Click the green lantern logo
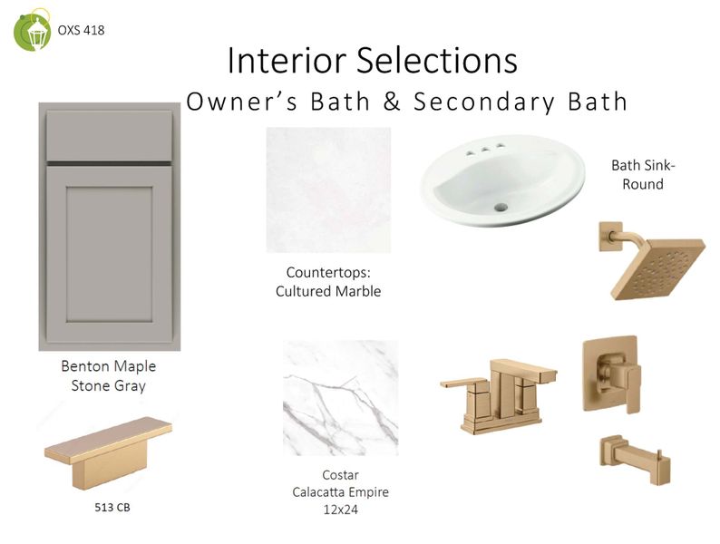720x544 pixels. click(x=32, y=31)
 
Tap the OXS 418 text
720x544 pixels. click(x=81, y=30)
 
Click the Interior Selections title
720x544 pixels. click(x=372, y=61)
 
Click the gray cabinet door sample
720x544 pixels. click(x=110, y=227)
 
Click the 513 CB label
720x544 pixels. click(x=112, y=508)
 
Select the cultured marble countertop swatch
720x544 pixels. click(x=328, y=189)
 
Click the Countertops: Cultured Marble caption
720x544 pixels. click(x=328, y=281)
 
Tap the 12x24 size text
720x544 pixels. click(x=340, y=510)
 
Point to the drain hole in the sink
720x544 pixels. click(x=496, y=209)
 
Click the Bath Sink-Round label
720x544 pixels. click(x=643, y=175)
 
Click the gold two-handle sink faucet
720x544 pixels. click(x=499, y=390)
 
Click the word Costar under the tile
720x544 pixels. click(x=340, y=475)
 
